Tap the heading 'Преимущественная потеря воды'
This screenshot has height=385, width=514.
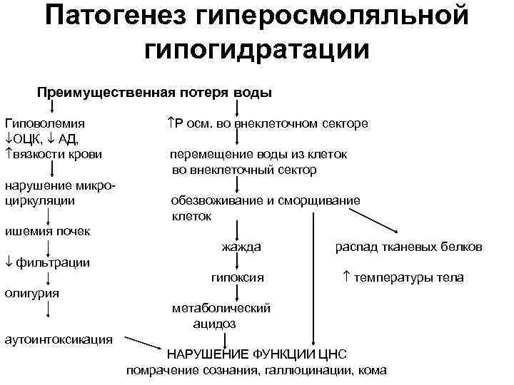(154, 93)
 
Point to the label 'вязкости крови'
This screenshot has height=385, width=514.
(57, 153)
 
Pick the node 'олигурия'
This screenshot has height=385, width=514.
(31, 292)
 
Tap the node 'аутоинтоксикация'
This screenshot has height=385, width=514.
(59, 339)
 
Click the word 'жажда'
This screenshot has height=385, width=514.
(241, 247)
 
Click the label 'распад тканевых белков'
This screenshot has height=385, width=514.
(408, 247)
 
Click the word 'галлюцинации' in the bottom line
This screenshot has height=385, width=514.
(308, 370)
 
